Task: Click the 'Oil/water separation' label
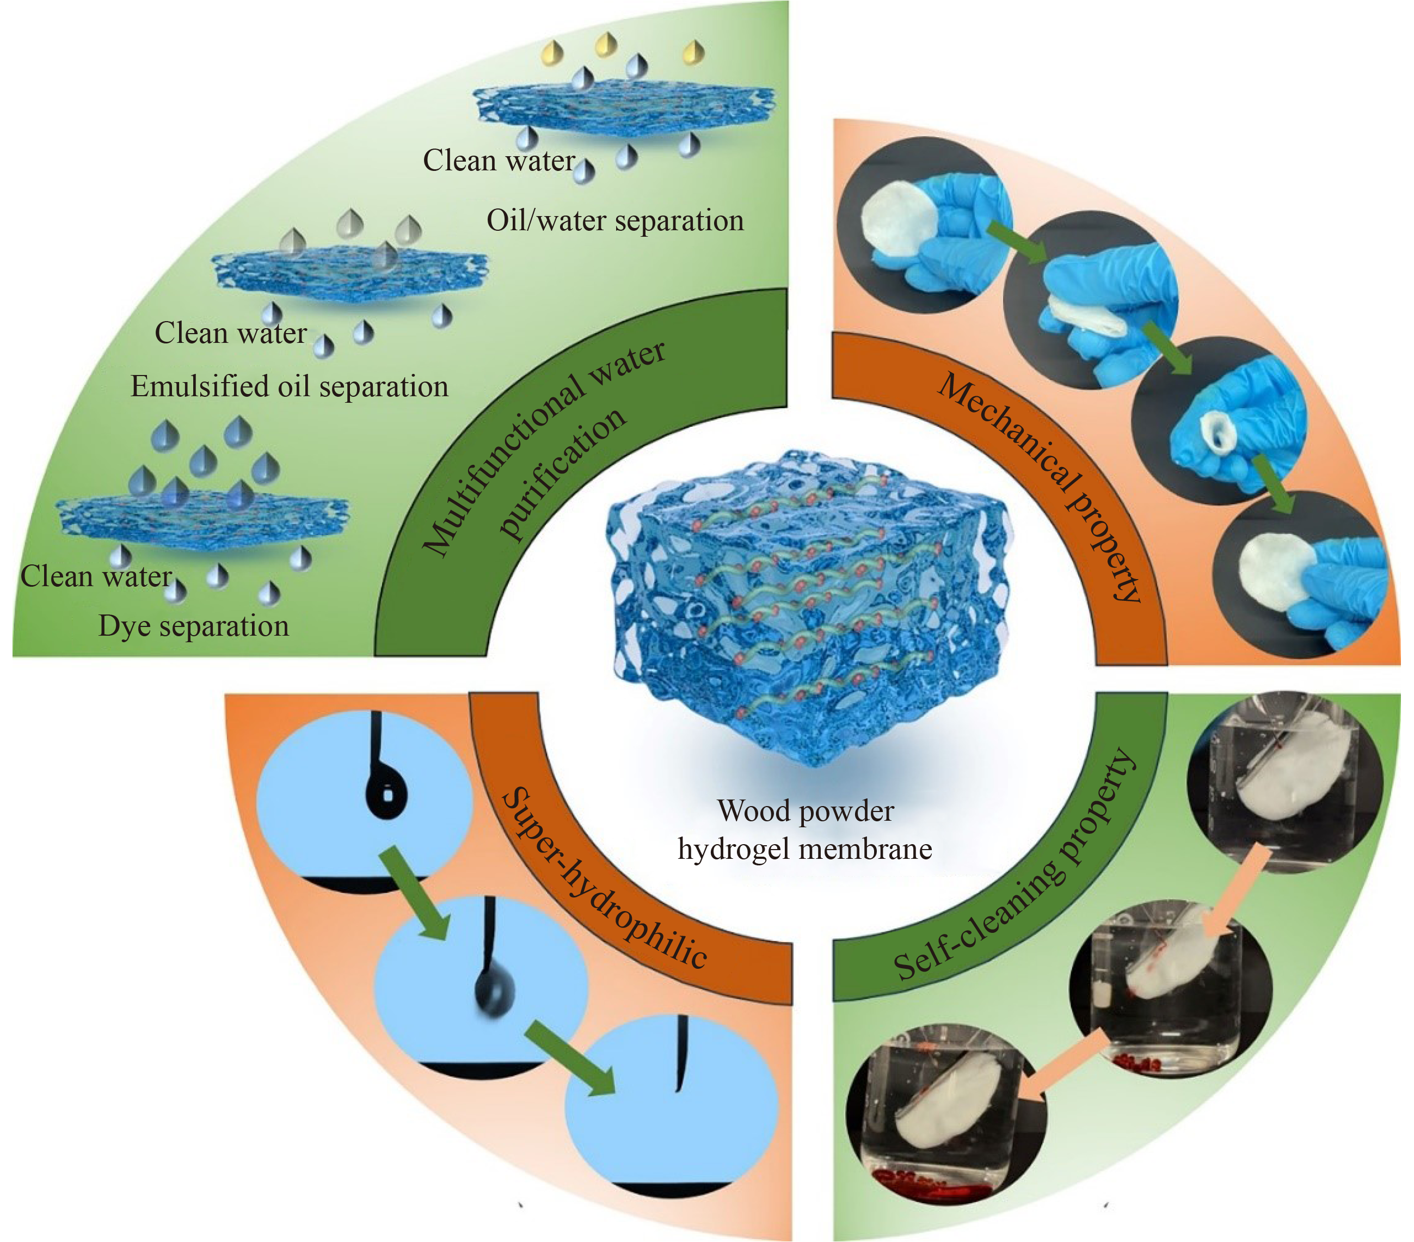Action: click(x=615, y=222)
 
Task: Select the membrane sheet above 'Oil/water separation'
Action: click(x=623, y=107)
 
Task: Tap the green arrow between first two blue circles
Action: click(x=415, y=893)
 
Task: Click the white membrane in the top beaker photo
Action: click(x=1287, y=772)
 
